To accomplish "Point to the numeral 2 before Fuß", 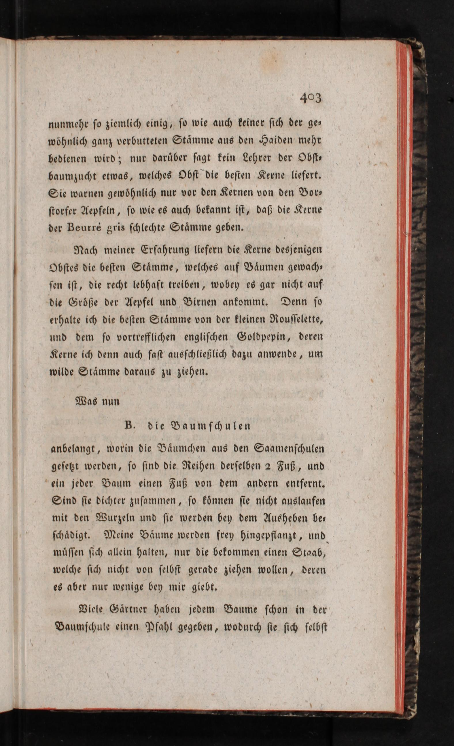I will click(266, 466).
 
